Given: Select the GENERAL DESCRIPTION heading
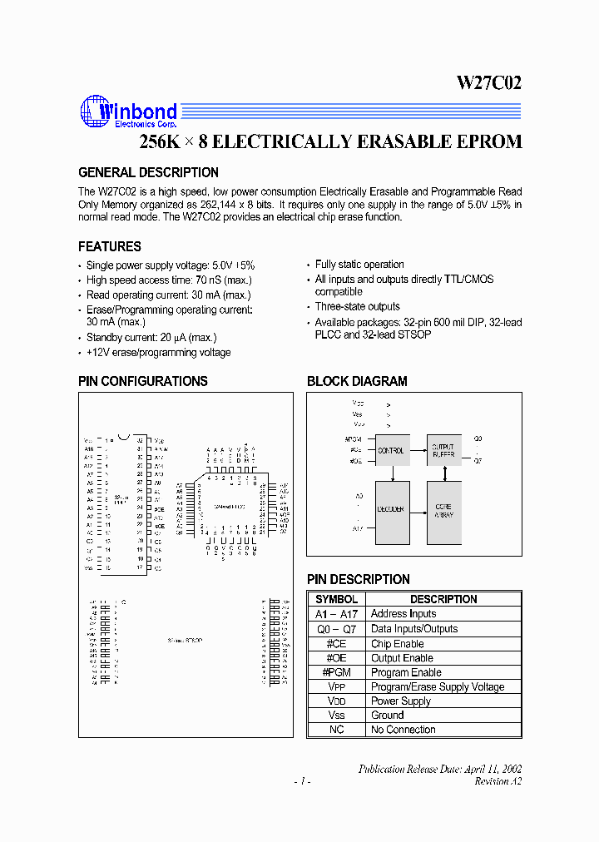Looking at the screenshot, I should tap(148, 172).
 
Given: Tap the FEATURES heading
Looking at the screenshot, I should tap(110, 246).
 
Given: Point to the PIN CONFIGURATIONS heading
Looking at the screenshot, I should tap(143, 381).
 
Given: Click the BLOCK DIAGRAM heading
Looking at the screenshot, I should tap(357, 381).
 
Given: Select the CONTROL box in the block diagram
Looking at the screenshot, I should tap(391, 450).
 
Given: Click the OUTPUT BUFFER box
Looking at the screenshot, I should tap(443, 450).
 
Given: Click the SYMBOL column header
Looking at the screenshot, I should tap(337, 599).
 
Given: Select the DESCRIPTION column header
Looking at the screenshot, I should tap(443, 599).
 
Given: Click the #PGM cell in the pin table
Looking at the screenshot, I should tap(337, 672).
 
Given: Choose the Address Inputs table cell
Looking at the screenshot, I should tap(403, 614).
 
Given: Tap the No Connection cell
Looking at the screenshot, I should tap(403, 730).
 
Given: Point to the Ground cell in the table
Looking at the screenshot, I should tap(388, 715).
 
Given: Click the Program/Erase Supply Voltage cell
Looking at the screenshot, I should tap(438, 686).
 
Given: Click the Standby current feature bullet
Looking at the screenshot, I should tap(151, 338).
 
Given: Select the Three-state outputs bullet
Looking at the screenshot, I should tap(358, 307).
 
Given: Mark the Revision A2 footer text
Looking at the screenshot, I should tap(498, 781).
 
